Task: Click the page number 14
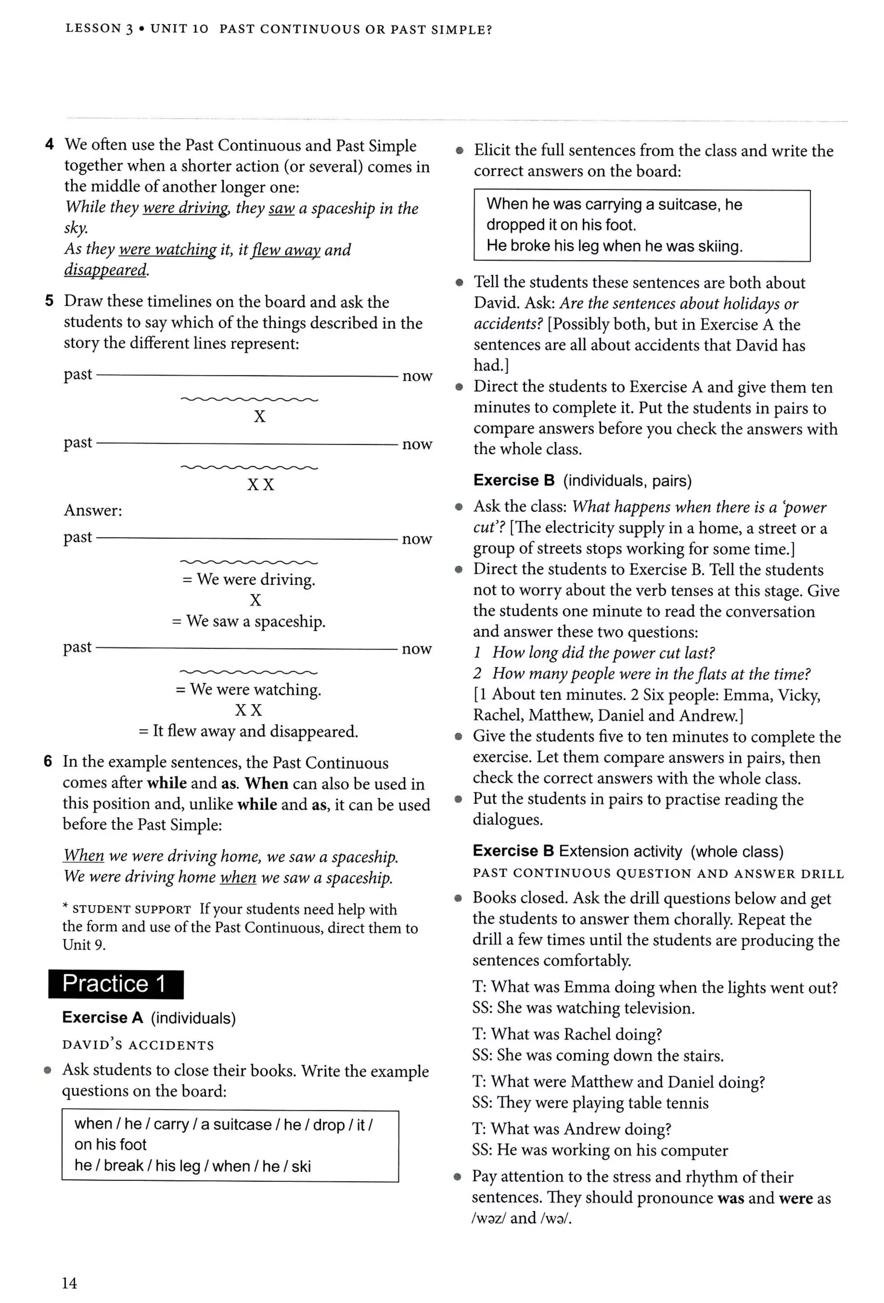[69, 1283]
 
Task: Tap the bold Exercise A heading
[103, 1018]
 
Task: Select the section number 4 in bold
[49, 145]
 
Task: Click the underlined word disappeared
[105, 270]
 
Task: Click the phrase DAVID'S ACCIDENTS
[138, 1045]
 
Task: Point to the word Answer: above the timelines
[92, 510]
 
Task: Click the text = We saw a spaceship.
[249, 621]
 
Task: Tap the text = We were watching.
[249, 689]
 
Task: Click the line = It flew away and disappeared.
[248, 731]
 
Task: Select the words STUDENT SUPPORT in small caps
[131, 910]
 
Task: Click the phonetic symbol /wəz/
[489, 1218]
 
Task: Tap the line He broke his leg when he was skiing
[614, 245]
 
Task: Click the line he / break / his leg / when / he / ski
[193, 1166]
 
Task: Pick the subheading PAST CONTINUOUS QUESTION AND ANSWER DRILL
[658, 874]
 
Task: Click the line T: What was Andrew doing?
[571, 1129]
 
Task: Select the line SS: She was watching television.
[583, 1008]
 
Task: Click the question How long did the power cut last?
[603, 653]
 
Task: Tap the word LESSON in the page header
[93, 28]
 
